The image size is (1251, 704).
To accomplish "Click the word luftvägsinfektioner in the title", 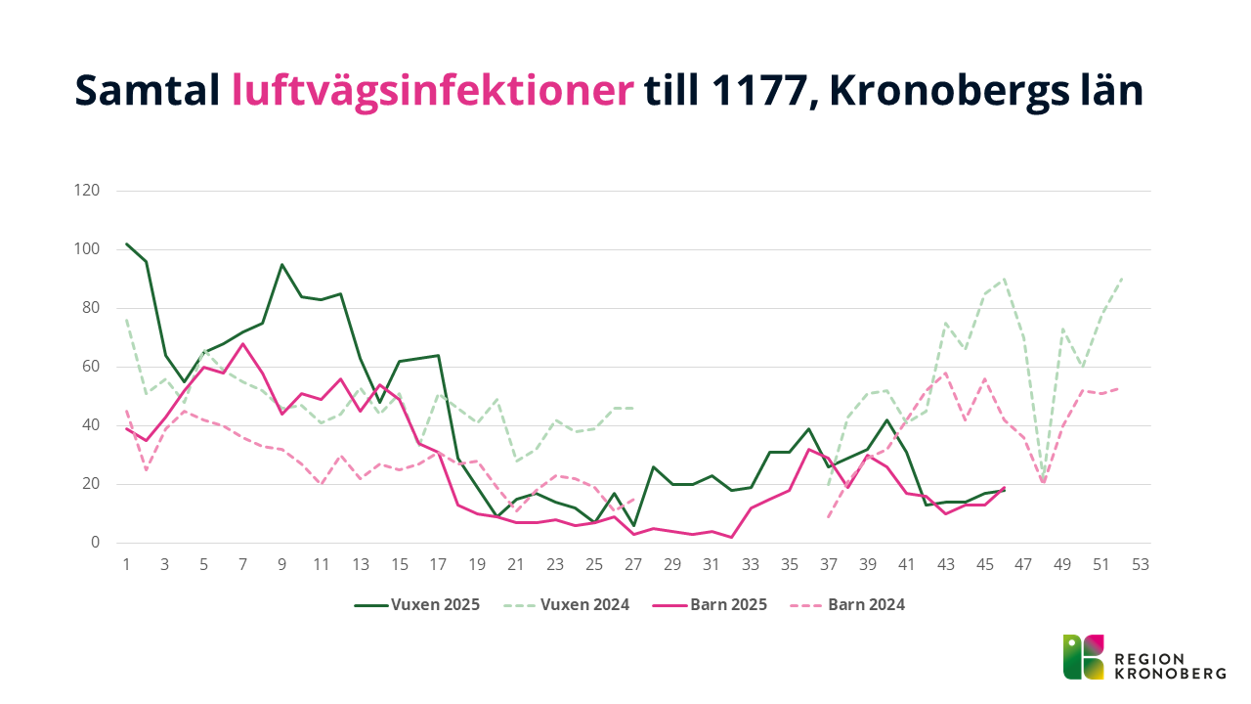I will click(433, 92).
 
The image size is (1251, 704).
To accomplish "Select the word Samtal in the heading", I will click(147, 92).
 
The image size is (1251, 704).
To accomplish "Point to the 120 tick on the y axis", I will click(87, 191).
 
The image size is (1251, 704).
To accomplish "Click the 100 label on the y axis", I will click(87, 249).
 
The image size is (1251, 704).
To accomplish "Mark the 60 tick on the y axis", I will click(91, 367).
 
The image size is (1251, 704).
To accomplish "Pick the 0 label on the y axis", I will click(96, 543).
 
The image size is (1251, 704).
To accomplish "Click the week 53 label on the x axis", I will click(1140, 564).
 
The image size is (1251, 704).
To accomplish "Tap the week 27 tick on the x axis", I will click(633, 564).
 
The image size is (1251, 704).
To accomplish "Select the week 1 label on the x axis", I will click(126, 564).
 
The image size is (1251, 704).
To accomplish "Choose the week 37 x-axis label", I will click(828, 564).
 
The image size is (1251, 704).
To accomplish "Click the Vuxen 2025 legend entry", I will click(417, 604).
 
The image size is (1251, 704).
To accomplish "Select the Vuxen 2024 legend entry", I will click(567, 604).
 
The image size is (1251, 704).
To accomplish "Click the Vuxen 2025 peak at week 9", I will click(282, 264).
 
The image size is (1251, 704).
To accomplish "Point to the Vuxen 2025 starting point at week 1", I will click(127, 243).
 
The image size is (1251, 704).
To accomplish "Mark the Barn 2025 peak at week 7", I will click(243, 343).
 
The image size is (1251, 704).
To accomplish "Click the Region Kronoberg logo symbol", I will click(1083, 657).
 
